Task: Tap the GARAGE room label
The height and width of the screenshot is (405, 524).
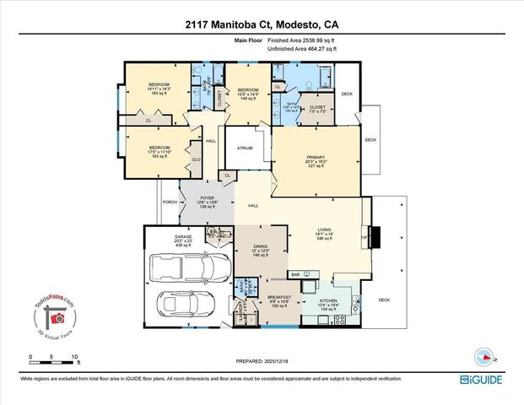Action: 183,237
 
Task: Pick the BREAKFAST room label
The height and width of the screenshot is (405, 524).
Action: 279,297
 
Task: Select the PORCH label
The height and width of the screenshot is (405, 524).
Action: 169,202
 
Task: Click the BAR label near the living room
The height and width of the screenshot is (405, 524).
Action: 296,273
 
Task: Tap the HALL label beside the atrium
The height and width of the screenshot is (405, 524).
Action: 211,141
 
